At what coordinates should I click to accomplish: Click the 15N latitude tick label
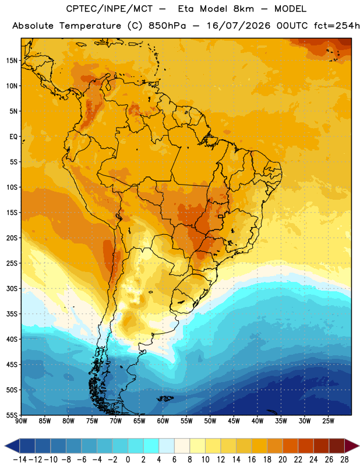(x=12, y=61)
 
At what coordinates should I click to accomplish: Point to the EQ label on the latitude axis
(x=13, y=137)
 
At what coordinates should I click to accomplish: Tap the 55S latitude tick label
(x=12, y=415)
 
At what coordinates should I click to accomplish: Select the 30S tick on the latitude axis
(x=12, y=288)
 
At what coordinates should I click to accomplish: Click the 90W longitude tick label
(x=21, y=421)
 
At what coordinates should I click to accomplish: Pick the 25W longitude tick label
(x=328, y=421)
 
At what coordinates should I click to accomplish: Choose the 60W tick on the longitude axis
(x=163, y=421)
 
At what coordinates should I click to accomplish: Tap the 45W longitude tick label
(x=234, y=421)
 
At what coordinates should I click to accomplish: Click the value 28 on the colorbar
(x=344, y=460)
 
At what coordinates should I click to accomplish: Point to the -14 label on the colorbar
(x=20, y=460)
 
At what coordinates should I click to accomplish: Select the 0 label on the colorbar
(x=128, y=460)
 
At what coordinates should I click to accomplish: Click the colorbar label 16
(x=252, y=460)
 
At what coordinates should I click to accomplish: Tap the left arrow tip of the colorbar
(x=5, y=446)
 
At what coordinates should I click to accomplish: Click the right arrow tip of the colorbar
(x=359, y=446)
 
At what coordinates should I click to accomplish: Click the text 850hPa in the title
(x=167, y=26)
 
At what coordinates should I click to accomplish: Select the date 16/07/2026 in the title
(x=238, y=26)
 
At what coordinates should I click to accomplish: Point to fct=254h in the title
(x=337, y=26)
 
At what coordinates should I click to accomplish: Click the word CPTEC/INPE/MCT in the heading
(x=109, y=9)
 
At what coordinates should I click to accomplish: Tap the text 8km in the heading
(x=243, y=9)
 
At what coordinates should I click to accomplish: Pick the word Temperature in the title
(x=90, y=26)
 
